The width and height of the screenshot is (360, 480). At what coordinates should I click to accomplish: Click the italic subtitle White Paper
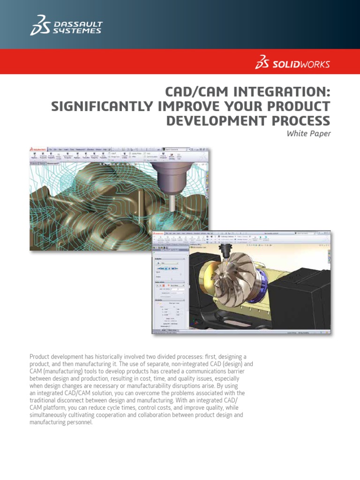click(308, 134)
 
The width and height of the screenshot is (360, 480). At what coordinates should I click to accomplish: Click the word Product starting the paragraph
click(41, 357)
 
